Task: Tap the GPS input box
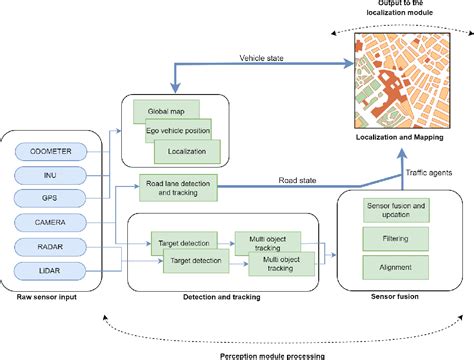(x=50, y=197)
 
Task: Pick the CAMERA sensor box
(x=50, y=220)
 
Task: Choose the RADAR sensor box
(x=50, y=244)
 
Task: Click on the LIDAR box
(x=50, y=268)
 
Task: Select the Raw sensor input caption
(x=49, y=297)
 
